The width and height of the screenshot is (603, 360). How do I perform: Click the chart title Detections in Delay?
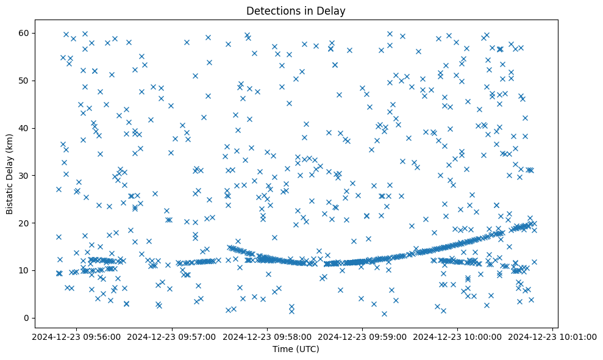[x=296, y=10]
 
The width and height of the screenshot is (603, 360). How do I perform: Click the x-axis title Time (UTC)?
[x=296, y=350]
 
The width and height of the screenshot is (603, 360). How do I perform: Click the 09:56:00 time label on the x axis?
[x=77, y=336]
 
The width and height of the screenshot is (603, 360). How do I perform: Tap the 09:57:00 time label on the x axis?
[x=173, y=336]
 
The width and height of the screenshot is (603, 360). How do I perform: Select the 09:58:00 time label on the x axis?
[x=268, y=336]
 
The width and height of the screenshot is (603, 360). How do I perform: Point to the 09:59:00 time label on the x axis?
[x=363, y=336]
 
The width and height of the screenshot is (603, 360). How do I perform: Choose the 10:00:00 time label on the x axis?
[x=458, y=336]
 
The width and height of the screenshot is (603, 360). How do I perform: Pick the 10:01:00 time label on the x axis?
[x=554, y=336]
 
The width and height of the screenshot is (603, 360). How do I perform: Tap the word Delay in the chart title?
[x=333, y=10]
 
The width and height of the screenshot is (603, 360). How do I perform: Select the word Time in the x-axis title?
[x=283, y=350]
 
